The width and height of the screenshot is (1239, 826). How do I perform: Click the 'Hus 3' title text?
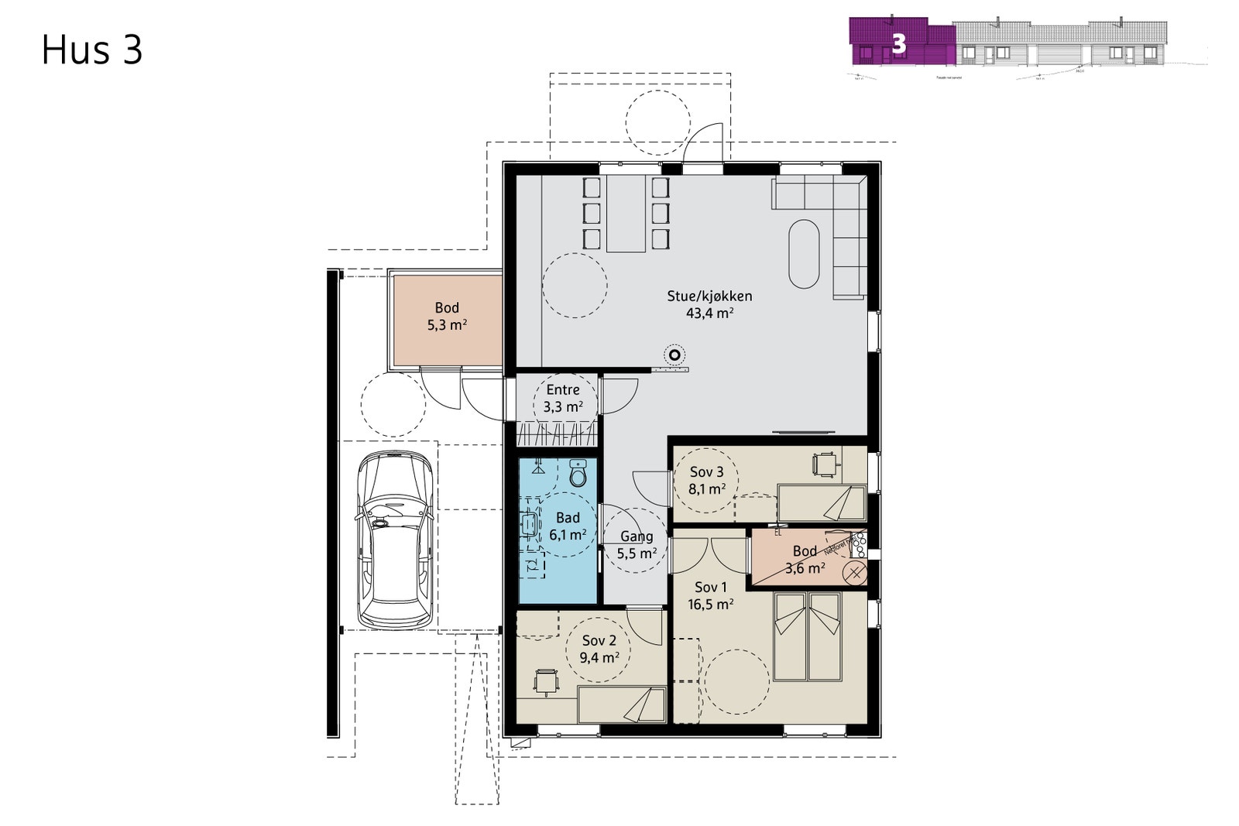tap(92, 50)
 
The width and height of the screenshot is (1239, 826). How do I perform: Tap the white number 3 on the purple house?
tap(899, 43)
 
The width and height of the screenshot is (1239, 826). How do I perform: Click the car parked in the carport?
tap(393, 540)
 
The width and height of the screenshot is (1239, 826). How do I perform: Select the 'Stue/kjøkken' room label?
tap(709, 296)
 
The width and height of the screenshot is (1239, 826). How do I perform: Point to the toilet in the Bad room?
tap(578, 473)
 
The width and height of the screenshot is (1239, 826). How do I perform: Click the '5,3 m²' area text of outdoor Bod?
tap(447, 325)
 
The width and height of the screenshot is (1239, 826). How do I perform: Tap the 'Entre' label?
tap(563, 389)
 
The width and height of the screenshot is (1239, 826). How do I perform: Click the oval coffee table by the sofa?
tap(804, 254)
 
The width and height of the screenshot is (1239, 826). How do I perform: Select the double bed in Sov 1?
tap(808, 636)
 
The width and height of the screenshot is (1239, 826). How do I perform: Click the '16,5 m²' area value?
tap(711, 605)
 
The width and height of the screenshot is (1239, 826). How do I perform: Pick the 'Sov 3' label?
tap(706, 472)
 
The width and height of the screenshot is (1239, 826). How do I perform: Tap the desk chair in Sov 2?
tap(547, 681)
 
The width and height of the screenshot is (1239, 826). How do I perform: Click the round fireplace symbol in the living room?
tap(674, 355)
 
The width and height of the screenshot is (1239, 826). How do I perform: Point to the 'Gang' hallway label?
tap(637, 536)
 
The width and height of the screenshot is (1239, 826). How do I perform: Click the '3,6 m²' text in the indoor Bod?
tap(805, 568)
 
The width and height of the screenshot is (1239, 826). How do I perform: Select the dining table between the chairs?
tap(626, 214)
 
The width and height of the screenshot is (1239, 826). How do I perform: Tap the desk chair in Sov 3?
tap(825, 464)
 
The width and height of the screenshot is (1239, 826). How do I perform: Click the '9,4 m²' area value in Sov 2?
tap(599, 658)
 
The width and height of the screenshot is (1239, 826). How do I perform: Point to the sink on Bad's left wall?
tap(530, 524)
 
